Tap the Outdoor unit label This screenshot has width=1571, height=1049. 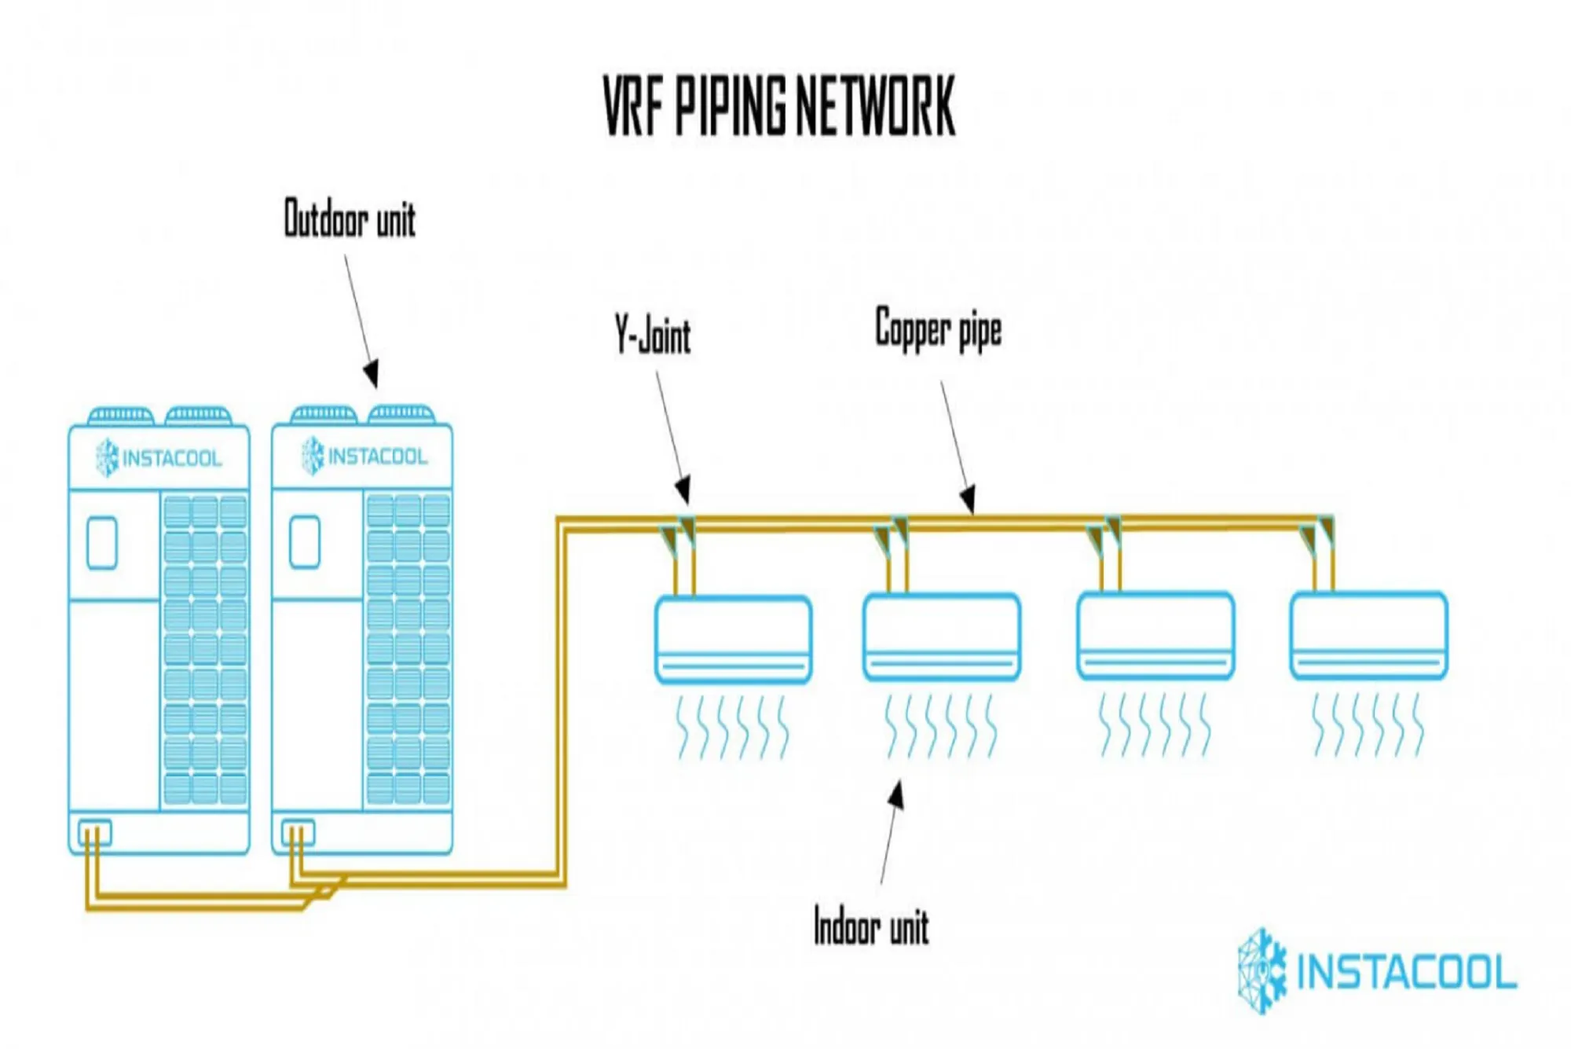click(x=350, y=218)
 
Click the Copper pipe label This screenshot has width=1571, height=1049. click(x=939, y=329)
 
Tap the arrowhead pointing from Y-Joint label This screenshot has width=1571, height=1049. click(x=683, y=489)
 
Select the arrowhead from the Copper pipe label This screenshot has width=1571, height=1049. click(x=969, y=498)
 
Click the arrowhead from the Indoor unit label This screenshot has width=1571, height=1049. click(x=896, y=795)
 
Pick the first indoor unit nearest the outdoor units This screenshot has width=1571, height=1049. click(x=733, y=639)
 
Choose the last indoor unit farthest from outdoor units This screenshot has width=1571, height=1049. click(x=1368, y=636)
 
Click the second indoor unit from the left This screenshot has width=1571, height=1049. click(x=941, y=637)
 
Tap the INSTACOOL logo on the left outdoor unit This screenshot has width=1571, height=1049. click(x=159, y=458)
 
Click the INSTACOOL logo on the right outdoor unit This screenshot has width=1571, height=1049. click(x=364, y=457)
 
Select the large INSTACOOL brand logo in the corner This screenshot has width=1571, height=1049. click(x=1377, y=972)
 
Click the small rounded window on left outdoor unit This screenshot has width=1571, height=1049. click(x=102, y=542)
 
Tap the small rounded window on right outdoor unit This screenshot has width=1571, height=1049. click(x=305, y=541)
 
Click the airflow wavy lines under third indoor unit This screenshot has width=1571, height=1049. click(x=1154, y=724)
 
